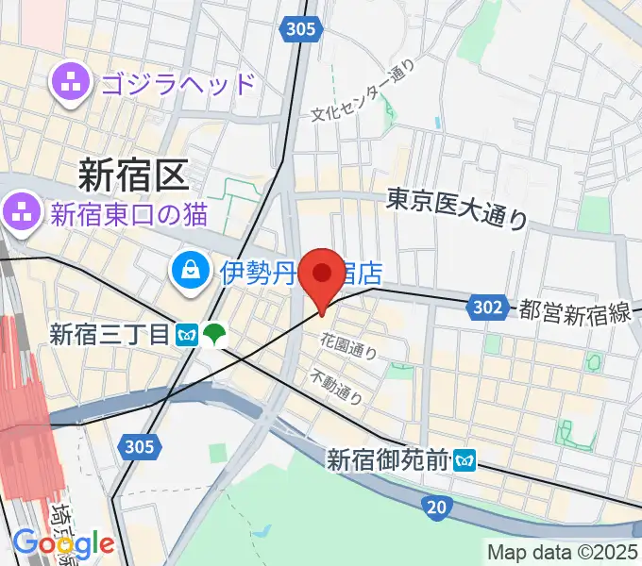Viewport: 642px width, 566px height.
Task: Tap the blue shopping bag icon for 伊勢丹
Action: click(191, 273)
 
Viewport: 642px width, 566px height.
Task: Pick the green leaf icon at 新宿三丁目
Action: click(215, 333)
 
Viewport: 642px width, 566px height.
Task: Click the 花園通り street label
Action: click(349, 346)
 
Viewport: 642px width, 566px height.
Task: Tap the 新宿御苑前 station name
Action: click(387, 460)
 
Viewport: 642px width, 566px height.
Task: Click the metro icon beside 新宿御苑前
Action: click(465, 460)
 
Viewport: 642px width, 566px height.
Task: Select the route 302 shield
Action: click(484, 307)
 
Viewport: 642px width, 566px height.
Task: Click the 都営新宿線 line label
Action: click(574, 311)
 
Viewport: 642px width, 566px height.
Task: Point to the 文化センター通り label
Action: click(363, 92)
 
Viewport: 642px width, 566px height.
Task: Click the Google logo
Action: click(63, 544)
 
